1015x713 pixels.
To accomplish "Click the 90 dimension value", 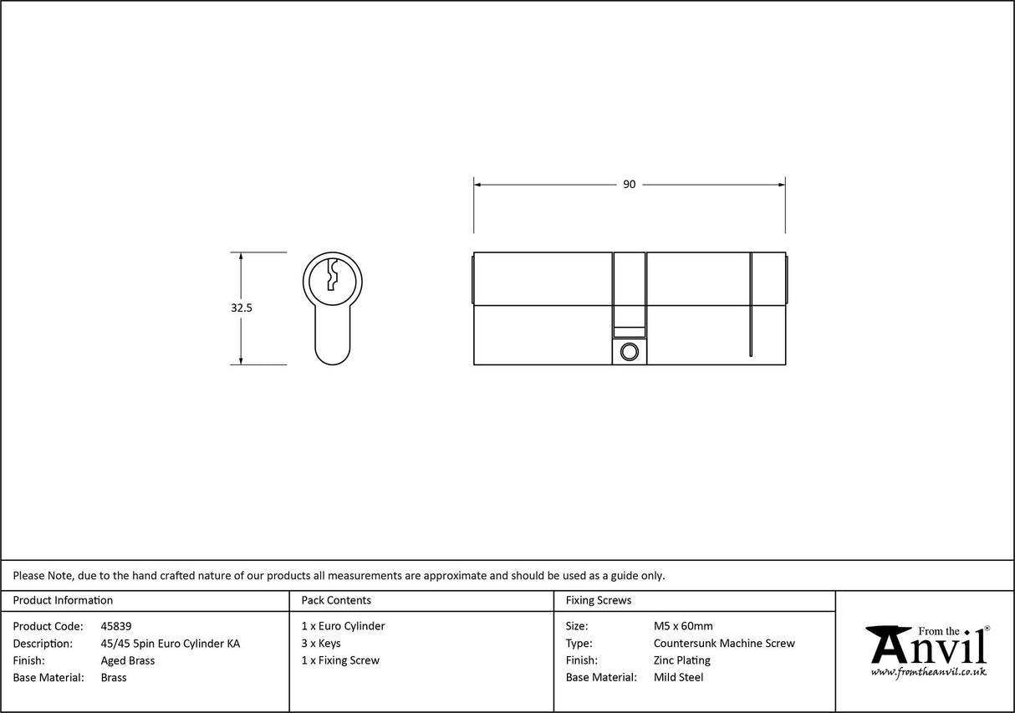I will (x=629, y=184).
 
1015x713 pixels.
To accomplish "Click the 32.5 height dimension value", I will (x=242, y=308).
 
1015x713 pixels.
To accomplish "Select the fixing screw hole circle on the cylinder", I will (x=630, y=352).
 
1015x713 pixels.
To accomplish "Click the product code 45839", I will (x=115, y=626).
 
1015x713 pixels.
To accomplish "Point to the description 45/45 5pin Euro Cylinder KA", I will (x=170, y=644).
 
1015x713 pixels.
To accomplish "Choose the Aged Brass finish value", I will (x=127, y=660).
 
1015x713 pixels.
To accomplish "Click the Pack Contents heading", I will (x=336, y=600).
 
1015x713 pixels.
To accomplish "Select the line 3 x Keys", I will (x=321, y=644).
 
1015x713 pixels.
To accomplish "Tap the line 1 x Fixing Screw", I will (x=340, y=660).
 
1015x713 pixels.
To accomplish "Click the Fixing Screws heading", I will (x=599, y=600).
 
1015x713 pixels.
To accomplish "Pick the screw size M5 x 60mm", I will (x=683, y=626).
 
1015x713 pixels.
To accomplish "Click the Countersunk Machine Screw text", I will (x=724, y=644).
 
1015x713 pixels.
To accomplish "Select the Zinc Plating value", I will (x=681, y=660).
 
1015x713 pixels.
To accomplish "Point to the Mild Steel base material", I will (x=678, y=678).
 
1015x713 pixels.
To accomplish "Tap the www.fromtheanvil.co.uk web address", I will (x=928, y=672).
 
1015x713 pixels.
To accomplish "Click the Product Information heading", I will (x=63, y=600).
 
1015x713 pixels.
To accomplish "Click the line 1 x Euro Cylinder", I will (x=343, y=626).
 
